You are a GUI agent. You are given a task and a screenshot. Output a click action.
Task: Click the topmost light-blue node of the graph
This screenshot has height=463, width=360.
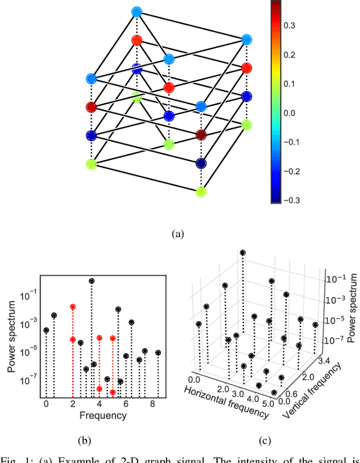click(137, 11)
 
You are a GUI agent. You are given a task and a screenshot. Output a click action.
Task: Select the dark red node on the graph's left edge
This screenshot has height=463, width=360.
click(92, 107)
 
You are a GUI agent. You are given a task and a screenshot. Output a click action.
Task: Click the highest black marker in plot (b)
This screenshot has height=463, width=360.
click(92, 281)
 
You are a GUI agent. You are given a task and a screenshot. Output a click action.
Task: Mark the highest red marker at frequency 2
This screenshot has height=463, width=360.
click(73, 307)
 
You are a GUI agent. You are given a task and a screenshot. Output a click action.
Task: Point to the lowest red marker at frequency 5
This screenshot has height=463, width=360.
click(113, 392)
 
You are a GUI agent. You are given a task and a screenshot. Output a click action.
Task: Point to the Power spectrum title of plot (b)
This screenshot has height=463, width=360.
click(11, 339)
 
